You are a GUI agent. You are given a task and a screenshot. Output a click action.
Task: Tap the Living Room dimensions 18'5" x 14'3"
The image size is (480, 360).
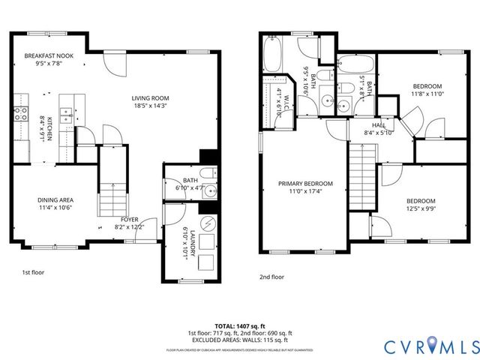click(x=150, y=106)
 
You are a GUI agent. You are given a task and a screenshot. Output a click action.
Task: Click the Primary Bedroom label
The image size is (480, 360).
click(x=305, y=184)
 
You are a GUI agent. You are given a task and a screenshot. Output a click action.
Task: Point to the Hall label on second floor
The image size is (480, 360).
click(x=378, y=125)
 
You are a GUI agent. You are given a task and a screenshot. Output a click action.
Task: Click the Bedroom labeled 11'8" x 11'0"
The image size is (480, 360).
click(x=427, y=86)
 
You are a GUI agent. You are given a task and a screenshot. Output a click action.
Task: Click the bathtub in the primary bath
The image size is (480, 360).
click(x=271, y=55)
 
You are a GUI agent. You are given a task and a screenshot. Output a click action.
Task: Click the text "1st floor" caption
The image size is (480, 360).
click(x=33, y=272)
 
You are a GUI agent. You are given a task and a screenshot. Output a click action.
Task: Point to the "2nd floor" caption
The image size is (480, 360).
click(x=271, y=277)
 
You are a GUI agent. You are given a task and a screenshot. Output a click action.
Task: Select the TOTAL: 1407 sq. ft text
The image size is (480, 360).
click(x=239, y=325)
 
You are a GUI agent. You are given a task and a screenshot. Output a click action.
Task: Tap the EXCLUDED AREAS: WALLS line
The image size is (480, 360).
click(x=239, y=340)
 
